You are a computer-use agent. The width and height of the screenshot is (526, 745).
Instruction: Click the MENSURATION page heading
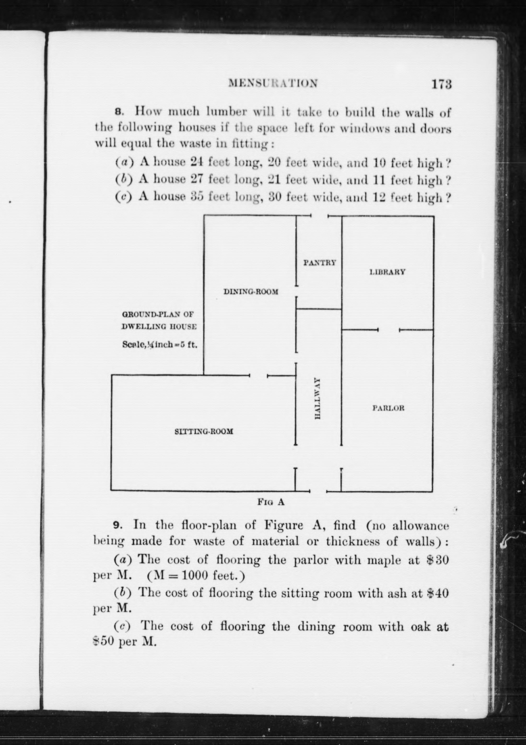click(273, 83)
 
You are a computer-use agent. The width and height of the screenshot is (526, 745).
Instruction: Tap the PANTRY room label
click(320, 263)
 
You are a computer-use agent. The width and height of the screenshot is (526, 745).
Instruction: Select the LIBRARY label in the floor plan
click(387, 272)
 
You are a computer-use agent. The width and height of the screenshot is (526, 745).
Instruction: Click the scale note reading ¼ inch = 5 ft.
click(160, 345)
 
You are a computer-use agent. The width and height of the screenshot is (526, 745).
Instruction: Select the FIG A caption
click(271, 502)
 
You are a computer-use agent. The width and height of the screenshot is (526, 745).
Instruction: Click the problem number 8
click(119, 112)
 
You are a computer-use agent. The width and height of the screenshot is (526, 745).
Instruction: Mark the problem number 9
click(117, 525)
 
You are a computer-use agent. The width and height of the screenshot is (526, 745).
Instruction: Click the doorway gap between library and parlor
click(388, 330)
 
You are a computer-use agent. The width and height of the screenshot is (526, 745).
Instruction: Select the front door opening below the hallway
click(318, 491)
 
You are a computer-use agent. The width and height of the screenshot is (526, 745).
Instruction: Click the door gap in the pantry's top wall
click(320, 216)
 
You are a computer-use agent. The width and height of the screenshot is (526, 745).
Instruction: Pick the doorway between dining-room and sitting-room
click(258, 376)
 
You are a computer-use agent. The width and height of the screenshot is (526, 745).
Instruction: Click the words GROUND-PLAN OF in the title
click(158, 314)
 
